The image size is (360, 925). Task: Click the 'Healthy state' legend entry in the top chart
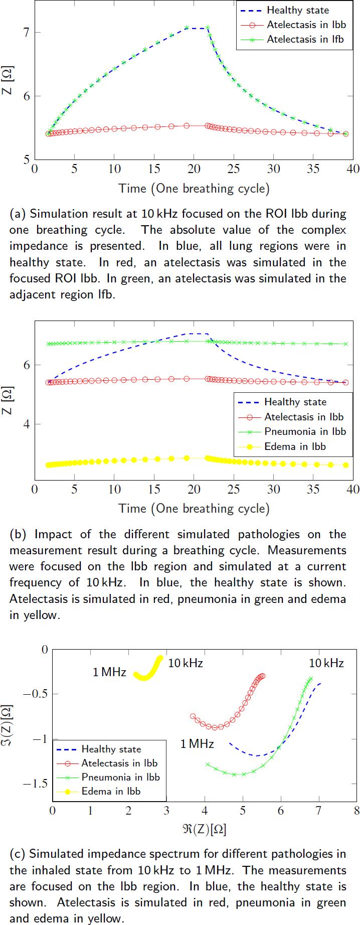coord(298,10)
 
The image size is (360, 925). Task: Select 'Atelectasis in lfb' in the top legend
coord(305,39)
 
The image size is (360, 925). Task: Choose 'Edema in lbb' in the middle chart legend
coord(295,446)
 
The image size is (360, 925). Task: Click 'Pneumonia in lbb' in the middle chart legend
coord(305,431)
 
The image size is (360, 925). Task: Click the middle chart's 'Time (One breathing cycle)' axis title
coord(194,508)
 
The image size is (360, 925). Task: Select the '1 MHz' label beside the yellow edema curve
coord(109,672)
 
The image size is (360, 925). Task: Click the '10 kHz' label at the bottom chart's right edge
coord(326,663)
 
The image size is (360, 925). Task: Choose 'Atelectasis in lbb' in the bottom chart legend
coord(119,763)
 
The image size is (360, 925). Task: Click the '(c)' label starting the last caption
coord(18,853)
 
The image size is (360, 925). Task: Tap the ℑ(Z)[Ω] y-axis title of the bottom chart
coord(8,725)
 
